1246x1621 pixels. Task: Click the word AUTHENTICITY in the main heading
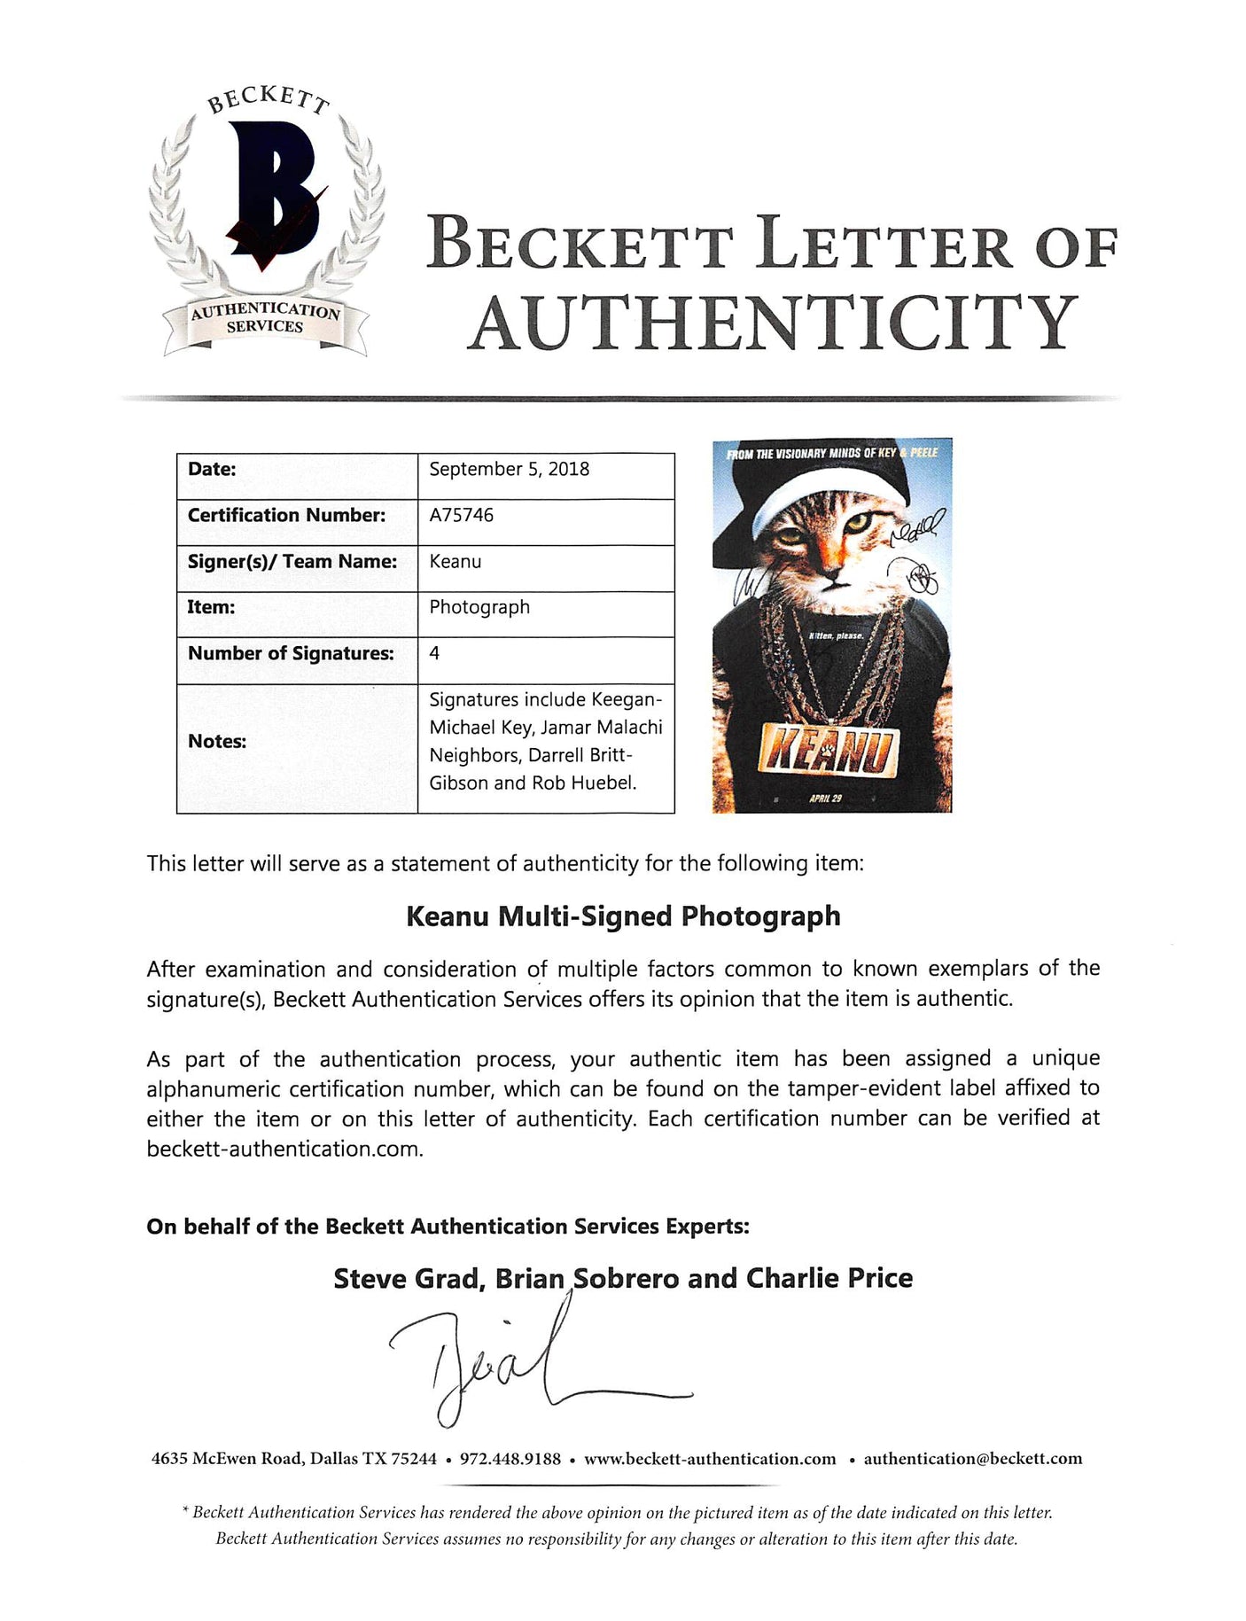pos(773,323)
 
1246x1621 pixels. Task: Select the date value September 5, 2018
pos(509,469)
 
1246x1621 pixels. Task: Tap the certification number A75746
pos(461,515)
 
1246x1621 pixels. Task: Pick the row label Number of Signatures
pos(291,653)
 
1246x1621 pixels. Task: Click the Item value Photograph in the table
pos(479,607)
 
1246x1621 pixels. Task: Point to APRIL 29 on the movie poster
pos(825,799)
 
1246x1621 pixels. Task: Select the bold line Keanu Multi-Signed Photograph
pos(623,916)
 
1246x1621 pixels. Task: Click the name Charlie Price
pos(829,1278)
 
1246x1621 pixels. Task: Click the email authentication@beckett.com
pos(972,1459)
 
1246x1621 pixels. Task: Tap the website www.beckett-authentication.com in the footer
pos(710,1459)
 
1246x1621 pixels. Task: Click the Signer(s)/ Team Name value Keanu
pos(456,561)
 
